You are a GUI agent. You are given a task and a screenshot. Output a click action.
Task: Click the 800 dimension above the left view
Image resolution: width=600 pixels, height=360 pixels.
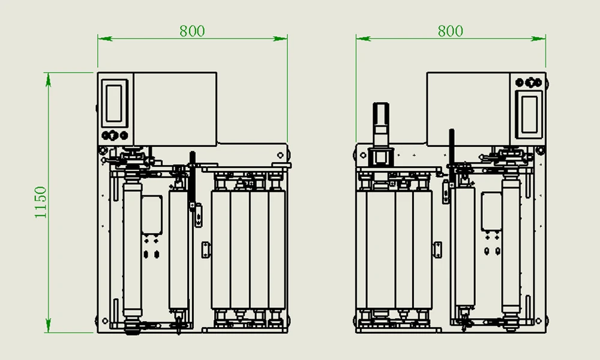(192, 31)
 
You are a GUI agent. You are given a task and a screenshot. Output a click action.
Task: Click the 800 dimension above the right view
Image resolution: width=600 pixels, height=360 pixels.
(450, 31)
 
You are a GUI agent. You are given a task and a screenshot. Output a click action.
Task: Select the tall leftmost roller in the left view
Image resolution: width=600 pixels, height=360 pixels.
(131, 249)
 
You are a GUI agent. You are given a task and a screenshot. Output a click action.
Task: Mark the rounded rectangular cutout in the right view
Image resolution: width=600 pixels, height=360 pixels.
(492, 212)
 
